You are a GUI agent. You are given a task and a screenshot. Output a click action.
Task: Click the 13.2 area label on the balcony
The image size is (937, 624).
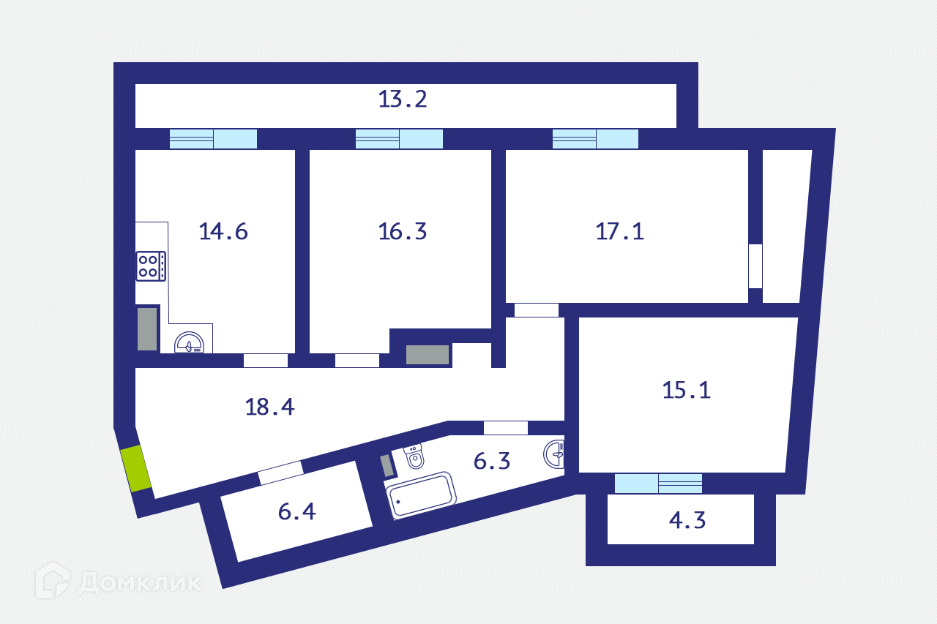click(x=403, y=99)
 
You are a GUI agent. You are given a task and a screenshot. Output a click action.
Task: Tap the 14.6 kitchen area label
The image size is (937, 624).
click(x=223, y=231)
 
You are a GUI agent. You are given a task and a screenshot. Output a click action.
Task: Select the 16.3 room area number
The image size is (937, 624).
click(x=403, y=231)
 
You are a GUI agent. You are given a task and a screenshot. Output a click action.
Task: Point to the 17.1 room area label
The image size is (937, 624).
click(x=619, y=231)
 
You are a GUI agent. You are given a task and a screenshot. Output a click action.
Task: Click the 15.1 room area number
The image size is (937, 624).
click(x=686, y=390)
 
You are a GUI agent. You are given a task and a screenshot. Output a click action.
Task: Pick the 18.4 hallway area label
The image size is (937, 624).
click(x=269, y=407)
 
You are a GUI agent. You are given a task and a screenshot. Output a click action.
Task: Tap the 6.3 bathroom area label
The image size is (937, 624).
click(x=492, y=461)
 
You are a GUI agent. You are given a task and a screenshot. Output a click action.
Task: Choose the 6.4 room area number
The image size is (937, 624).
click(x=297, y=511)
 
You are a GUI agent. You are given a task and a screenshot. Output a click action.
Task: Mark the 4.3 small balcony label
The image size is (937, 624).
click(x=687, y=521)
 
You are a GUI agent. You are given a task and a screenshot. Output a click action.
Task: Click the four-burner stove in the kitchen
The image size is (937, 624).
click(x=151, y=266)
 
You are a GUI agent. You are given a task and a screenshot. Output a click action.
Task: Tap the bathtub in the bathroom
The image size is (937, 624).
click(x=421, y=496)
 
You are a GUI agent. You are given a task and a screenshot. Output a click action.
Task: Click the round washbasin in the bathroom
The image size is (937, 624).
click(x=555, y=454)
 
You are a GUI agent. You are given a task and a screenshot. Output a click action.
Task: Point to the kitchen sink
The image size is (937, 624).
click(x=190, y=343)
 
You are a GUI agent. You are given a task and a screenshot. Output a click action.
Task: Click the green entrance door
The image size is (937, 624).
click(x=135, y=468)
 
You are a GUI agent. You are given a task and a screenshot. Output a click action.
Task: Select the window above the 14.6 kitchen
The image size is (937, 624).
click(x=213, y=139)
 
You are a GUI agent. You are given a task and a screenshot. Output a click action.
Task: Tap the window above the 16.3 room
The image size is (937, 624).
click(x=399, y=139)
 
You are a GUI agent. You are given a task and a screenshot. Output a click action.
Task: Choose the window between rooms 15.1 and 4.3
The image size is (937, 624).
click(x=658, y=484)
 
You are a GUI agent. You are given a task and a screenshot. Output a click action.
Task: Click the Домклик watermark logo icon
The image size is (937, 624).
click(x=53, y=580)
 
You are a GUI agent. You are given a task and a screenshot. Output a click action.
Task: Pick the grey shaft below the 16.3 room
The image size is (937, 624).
click(x=428, y=355)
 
